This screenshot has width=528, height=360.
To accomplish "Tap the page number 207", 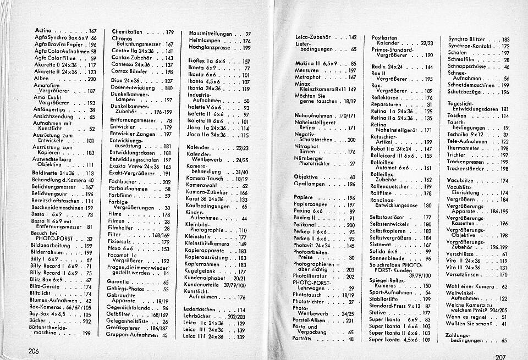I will pos(499,356).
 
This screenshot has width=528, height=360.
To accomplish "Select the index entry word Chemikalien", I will pos(128,32).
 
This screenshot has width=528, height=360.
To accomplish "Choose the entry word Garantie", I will pos(123,282).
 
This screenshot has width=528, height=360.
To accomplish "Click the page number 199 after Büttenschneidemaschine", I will pos(87,333).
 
